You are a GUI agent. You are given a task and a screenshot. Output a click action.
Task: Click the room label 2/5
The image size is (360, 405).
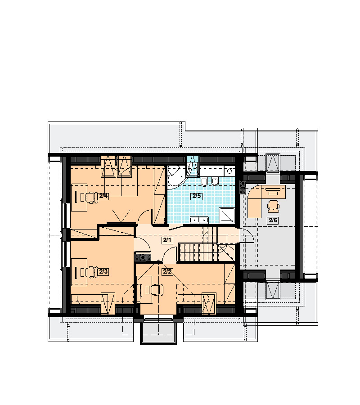tap(196, 196)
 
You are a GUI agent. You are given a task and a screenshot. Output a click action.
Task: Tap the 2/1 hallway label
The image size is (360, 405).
tap(167, 240)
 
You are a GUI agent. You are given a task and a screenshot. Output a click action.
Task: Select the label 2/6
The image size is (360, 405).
tap(273, 220)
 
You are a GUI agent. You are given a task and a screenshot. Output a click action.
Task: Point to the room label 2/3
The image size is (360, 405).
tap(103, 271)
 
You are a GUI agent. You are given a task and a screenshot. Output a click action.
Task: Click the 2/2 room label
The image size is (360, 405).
tap(167, 271)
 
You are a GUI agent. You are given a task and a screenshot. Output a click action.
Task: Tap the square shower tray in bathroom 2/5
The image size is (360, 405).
tap(227, 215)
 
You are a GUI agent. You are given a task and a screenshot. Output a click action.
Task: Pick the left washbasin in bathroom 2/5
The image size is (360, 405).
tap(194, 220)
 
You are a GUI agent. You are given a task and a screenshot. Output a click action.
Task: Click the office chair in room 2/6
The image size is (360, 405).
tap(274, 206)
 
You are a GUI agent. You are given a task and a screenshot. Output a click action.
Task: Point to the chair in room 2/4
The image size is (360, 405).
tap(90, 198)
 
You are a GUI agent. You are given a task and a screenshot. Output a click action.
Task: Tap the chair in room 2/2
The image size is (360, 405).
tap(157, 290)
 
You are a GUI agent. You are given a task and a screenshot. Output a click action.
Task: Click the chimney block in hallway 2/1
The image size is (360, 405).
tap(143, 257)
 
